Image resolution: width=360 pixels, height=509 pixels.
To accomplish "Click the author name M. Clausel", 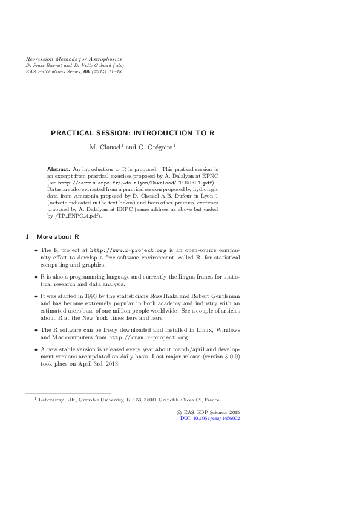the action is point(105,146).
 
